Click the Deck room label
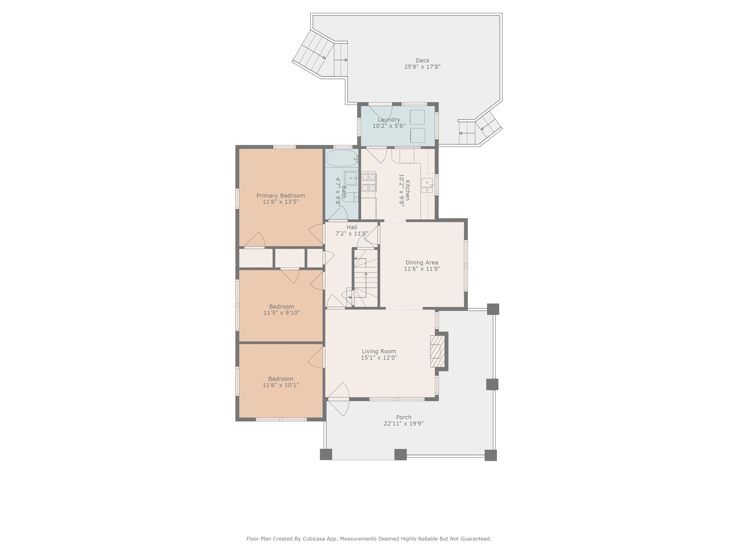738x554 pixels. tap(422, 60)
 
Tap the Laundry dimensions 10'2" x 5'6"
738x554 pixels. tap(389, 126)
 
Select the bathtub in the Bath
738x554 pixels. tap(342, 158)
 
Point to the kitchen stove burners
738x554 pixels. tap(369, 181)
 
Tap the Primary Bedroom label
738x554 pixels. tap(281, 196)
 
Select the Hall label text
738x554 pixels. tap(352, 227)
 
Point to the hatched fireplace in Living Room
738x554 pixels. tap(437, 351)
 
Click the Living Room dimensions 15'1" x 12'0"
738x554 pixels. tap(379, 358)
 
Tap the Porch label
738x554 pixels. tap(404, 417)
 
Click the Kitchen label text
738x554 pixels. tap(408, 190)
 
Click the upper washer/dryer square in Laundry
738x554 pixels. tap(417, 117)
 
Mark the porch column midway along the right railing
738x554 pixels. tap(492, 384)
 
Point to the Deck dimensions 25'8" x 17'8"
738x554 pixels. tap(422, 67)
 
